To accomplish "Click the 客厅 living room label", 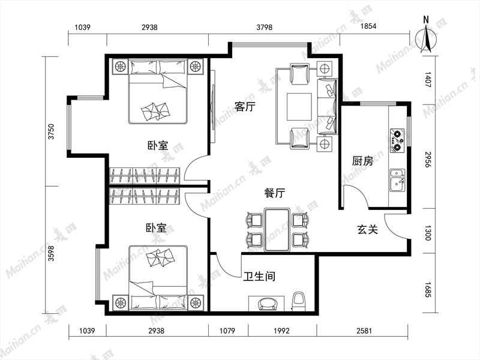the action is [245, 107].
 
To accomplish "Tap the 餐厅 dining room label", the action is [275, 193].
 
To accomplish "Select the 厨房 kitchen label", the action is [362, 161].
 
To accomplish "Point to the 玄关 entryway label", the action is [368, 229].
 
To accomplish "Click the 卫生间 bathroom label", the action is [259, 276].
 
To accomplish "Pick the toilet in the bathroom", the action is [299, 302].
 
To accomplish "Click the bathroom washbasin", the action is [268, 304].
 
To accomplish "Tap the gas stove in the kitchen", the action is [397, 140].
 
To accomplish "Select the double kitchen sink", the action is [397, 181].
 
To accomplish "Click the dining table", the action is [277, 230].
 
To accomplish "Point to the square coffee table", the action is [299, 107].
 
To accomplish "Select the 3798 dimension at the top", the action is [264, 27].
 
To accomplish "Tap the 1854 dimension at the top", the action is [368, 26].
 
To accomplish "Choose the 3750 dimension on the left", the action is [51, 131].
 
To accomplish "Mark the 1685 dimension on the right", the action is [428, 290].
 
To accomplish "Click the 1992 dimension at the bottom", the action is [281, 331].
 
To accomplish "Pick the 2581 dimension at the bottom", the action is [364, 331].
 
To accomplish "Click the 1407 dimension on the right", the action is [428, 80].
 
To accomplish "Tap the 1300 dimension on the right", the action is [428, 233].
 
